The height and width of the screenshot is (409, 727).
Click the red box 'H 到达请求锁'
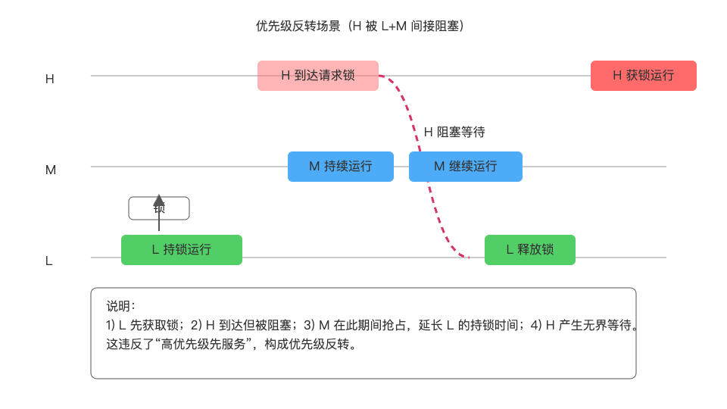tap(318, 76)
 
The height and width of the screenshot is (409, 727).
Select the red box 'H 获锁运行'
tap(643, 76)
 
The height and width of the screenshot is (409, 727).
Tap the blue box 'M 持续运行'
tap(340, 167)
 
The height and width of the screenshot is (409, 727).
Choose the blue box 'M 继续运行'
tap(465, 167)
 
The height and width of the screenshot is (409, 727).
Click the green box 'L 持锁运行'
tap(181, 250)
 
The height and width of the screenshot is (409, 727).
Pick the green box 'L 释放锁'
tap(529, 250)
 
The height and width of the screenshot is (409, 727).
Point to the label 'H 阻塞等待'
tap(454, 132)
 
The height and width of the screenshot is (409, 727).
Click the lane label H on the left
tap(50, 79)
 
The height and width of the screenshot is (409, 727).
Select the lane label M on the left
tap(51, 170)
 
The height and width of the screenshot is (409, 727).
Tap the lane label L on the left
tap(49, 261)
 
